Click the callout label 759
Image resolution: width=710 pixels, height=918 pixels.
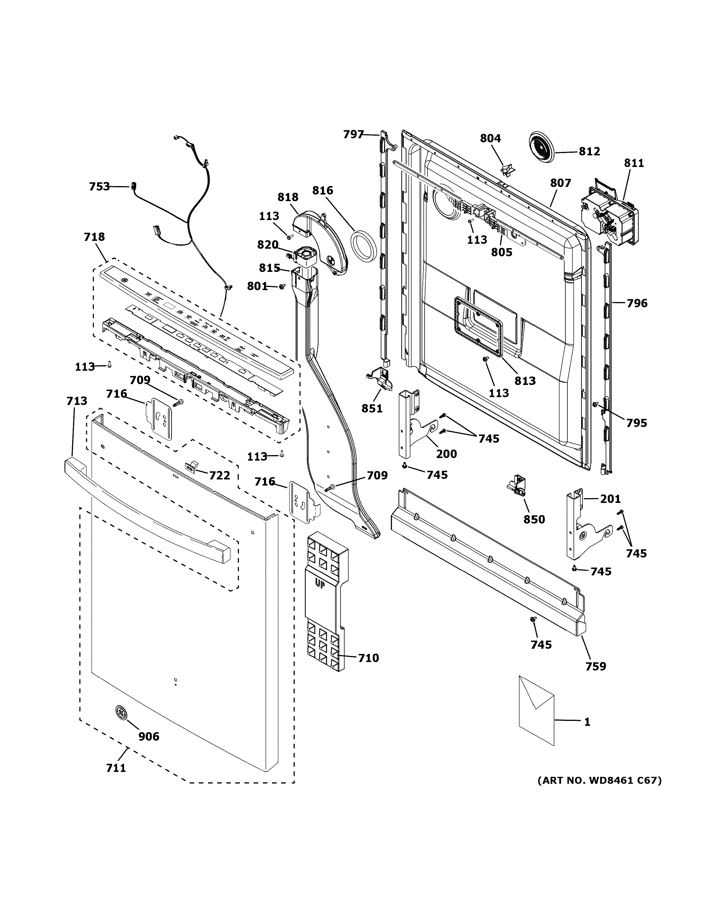coord(596,666)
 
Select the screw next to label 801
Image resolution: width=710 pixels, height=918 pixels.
coord(282,287)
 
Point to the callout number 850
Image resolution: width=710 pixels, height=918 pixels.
coord(534,519)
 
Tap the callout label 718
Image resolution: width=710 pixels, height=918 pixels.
coord(94,237)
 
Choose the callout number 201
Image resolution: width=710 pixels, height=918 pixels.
coord(610,499)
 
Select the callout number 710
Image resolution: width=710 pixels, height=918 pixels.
coord(368,658)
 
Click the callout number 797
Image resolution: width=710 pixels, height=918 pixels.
coord(353,134)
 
